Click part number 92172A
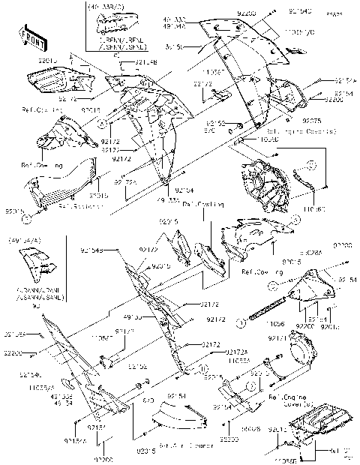click(214, 353)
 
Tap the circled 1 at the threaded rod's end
click(243, 320)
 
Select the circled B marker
click(203, 367)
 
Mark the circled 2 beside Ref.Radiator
click(27, 218)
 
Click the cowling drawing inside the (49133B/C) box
click(115, 26)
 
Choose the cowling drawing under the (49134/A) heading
click(37, 267)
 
